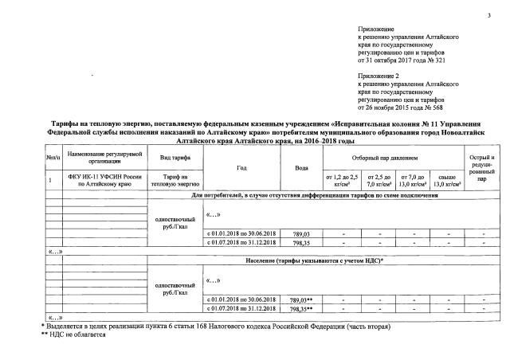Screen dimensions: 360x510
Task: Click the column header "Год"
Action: (x=242, y=168)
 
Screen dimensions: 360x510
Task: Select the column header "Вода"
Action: (x=301, y=168)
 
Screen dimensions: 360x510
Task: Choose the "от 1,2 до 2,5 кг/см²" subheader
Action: (x=343, y=178)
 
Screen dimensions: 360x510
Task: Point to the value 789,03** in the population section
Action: (x=300, y=299)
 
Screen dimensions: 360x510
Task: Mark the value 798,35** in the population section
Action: (x=300, y=307)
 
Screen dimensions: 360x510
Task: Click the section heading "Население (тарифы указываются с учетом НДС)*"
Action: (x=315, y=260)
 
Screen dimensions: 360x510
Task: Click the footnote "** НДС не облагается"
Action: (x=73, y=335)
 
